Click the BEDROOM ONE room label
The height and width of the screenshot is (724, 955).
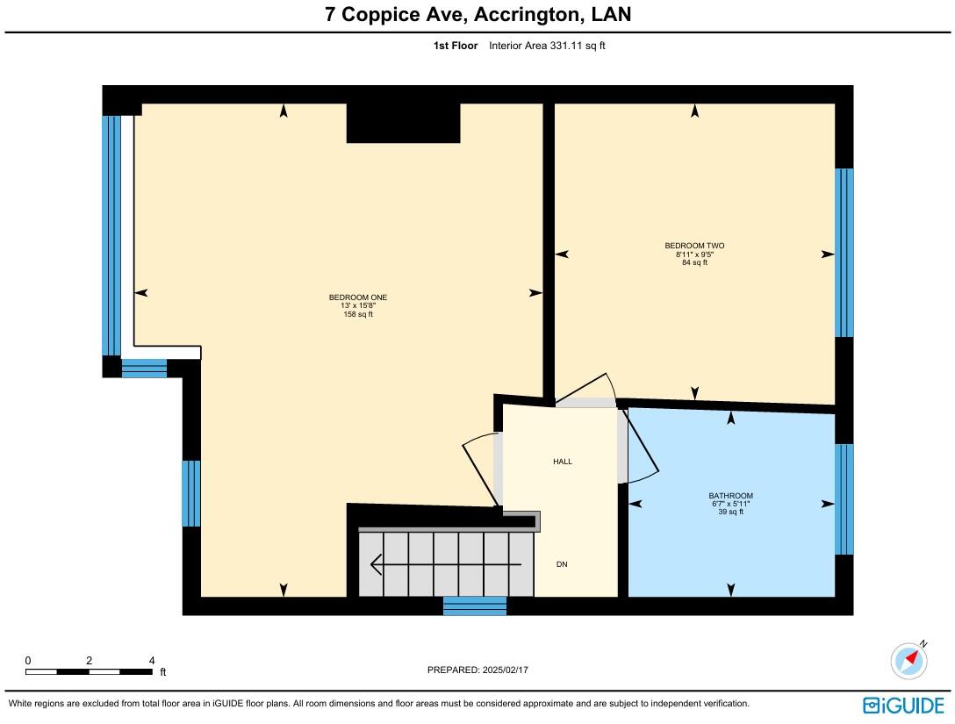click(358, 297)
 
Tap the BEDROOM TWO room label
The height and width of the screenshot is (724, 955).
click(694, 246)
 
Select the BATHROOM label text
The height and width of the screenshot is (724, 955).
click(731, 496)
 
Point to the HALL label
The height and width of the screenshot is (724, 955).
click(563, 462)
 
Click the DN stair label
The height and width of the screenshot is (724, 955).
click(562, 564)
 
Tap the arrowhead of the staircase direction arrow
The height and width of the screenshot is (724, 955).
click(376, 564)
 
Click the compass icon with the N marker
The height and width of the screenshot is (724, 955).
click(909, 659)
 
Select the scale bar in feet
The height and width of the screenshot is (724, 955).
click(89, 671)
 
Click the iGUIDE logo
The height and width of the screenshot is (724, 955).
click(903, 705)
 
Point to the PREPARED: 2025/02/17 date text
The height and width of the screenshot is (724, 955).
click(477, 670)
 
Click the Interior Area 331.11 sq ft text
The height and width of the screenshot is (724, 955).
click(547, 46)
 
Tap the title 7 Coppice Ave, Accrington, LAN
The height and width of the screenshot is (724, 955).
click(478, 14)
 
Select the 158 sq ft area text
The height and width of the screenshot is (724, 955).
click(358, 314)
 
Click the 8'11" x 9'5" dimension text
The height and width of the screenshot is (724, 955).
click(694, 254)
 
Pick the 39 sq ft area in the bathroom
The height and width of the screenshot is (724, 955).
click(731, 513)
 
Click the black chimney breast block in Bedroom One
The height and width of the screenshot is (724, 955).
click(403, 123)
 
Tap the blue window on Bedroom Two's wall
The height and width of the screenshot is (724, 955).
click(844, 253)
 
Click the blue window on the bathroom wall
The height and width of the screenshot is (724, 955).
click(844, 499)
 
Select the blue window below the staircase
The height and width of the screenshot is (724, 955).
click(475, 606)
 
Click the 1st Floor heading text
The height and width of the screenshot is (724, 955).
click(456, 46)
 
